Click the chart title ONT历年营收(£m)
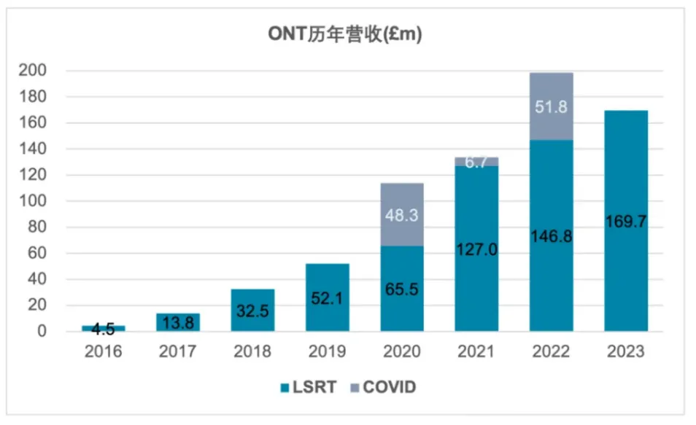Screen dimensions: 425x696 pyautogui.click(x=348, y=33)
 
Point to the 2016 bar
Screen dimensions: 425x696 pyautogui.click(x=103, y=328)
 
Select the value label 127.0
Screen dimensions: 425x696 pyautogui.click(x=476, y=249)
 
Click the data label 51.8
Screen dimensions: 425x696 pyautogui.click(x=551, y=107)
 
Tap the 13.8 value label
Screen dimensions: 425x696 pyautogui.click(x=178, y=321)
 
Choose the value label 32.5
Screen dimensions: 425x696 pyautogui.click(x=252, y=310)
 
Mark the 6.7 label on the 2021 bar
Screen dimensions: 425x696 pyautogui.click(x=476, y=162)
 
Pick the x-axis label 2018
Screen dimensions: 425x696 pyautogui.click(x=252, y=352)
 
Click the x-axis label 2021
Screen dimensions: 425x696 pyautogui.click(x=476, y=352)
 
